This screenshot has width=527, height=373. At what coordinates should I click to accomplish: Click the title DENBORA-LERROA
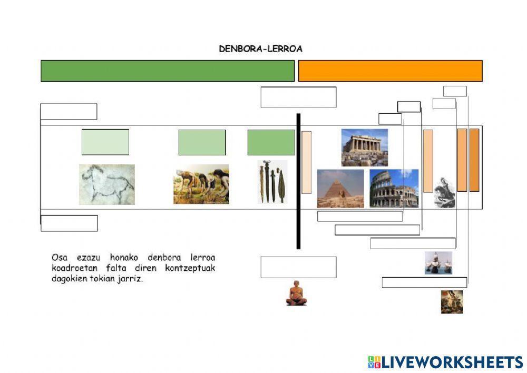[x=260, y=48]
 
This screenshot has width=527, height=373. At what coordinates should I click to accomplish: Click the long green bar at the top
[x=168, y=71]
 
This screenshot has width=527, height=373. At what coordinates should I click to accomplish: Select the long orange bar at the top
[x=390, y=71]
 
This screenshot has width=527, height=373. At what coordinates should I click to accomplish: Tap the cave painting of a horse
[x=107, y=184]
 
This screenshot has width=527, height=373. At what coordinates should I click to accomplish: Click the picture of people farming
[x=201, y=184]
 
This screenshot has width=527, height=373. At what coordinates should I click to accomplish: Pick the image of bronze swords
[x=272, y=182]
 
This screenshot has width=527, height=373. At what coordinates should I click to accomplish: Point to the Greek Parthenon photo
[x=365, y=148]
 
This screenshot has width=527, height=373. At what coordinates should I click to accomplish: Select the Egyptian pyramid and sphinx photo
[x=340, y=189]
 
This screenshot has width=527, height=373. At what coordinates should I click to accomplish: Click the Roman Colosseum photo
[x=394, y=189]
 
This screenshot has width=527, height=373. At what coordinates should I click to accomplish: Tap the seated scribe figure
[x=296, y=293]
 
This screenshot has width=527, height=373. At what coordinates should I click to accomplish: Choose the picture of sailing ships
[x=438, y=263]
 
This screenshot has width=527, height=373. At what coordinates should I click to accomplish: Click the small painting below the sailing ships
[x=452, y=302]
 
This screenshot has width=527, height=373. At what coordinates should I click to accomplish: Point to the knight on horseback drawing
[x=445, y=192]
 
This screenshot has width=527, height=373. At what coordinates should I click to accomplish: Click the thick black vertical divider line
[x=298, y=181]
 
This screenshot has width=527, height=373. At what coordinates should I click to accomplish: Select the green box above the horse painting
[x=105, y=142]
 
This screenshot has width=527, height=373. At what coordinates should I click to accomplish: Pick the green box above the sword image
[x=271, y=142]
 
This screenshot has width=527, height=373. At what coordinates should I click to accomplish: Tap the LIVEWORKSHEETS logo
[x=445, y=362]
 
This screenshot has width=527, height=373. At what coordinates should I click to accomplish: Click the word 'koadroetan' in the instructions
[x=75, y=268]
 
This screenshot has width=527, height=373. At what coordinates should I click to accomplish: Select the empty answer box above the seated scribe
[x=298, y=268]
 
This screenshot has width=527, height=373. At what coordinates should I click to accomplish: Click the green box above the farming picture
[x=202, y=142]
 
